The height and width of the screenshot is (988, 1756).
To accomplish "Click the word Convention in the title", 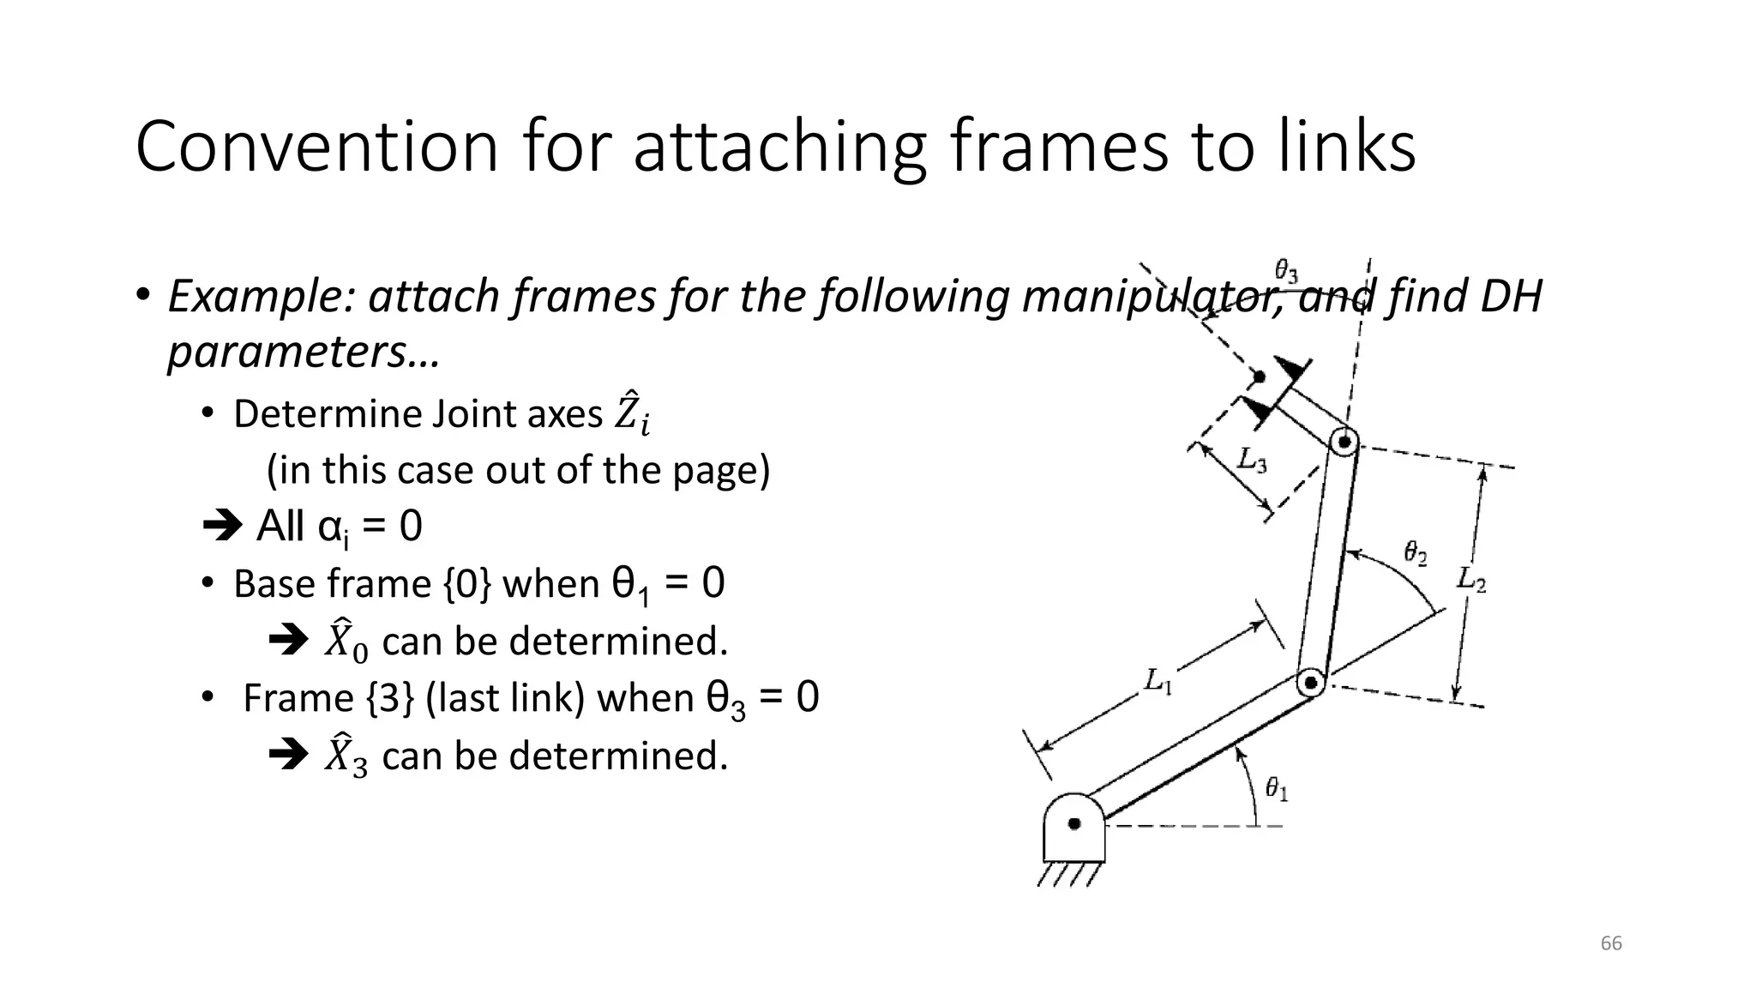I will tap(316, 148).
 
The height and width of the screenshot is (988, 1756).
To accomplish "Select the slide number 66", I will tap(1611, 943).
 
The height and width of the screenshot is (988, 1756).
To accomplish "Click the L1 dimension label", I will tap(1158, 682).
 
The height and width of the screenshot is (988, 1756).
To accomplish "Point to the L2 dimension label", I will tap(1471, 580).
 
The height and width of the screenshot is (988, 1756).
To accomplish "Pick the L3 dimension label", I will tap(1252, 461).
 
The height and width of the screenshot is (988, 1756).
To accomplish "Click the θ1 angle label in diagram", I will tap(1277, 788).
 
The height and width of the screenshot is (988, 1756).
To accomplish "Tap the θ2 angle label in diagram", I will tap(1416, 552).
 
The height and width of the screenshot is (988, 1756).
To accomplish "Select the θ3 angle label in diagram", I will tap(1286, 272).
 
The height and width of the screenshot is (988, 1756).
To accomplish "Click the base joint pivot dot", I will tap(1074, 824).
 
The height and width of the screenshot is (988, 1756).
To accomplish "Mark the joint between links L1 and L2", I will tap(1310, 683).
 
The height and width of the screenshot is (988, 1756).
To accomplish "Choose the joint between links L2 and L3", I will tap(1344, 443).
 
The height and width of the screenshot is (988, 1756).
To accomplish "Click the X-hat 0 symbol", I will tap(346, 642).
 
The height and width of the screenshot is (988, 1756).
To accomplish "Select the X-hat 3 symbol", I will tap(346, 756).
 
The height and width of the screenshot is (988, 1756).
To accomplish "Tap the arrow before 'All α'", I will tap(223, 526).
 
